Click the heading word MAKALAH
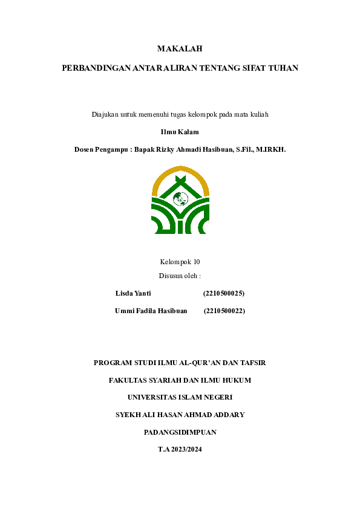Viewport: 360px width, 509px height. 180,48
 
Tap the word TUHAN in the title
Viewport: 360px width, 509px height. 284,68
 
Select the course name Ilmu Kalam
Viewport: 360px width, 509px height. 180,131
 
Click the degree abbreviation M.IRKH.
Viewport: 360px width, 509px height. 271,148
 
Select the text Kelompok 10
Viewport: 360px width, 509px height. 180,262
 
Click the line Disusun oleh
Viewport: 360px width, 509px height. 180,276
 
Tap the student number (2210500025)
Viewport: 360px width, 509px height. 224,293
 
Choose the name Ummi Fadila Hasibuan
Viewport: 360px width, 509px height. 151,311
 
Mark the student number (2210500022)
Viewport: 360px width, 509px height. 224,311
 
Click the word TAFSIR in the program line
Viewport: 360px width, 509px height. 253,363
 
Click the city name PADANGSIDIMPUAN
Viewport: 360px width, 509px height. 180,432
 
